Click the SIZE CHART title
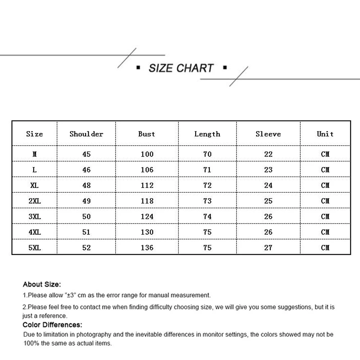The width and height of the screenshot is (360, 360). [181, 68]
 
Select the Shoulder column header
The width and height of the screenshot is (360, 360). [86, 134]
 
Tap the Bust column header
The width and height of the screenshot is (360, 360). [147, 134]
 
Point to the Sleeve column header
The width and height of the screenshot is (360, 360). [268, 134]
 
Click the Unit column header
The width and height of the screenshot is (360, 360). [325, 134]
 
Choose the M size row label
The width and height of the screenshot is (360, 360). [35, 154]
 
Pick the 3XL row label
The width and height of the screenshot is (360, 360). [35, 216]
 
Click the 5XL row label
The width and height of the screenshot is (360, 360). [35, 248]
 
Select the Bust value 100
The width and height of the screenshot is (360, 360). [147, 154]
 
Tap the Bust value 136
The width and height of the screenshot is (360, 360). [147, 248]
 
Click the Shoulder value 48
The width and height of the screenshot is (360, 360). [86, 185]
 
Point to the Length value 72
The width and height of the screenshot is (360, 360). [207, 185]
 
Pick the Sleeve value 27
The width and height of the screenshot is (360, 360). [268, 248]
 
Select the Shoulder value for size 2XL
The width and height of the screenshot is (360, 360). [86, 201]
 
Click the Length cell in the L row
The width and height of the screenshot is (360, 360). [207, 170]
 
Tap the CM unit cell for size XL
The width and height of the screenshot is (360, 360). [325, 185]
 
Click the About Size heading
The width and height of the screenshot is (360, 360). [42, 284]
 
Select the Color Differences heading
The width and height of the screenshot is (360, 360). [53, 325]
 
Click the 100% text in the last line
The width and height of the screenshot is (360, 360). [31, 343]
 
